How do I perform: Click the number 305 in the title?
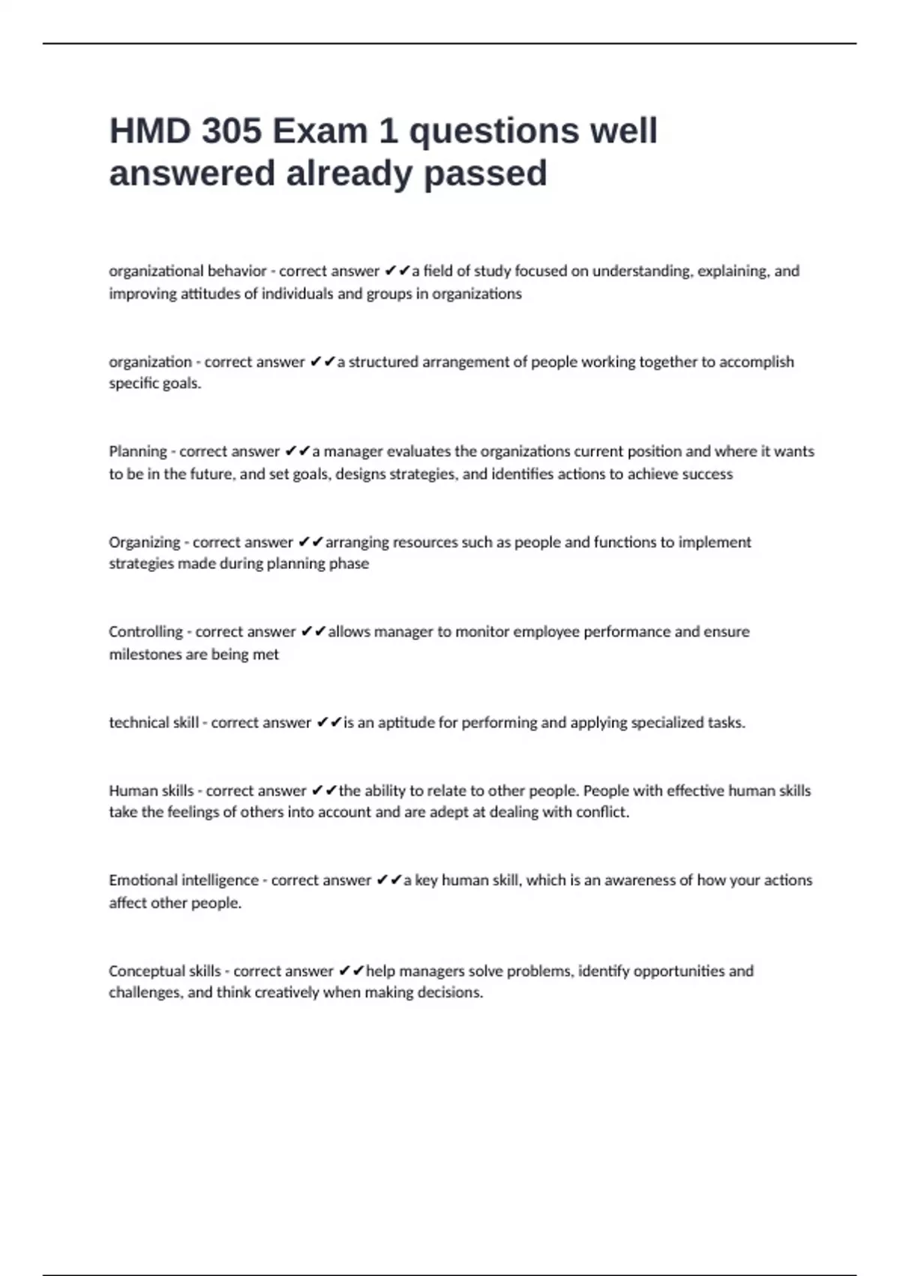231,131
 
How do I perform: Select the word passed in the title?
485,173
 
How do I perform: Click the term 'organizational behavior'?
187,271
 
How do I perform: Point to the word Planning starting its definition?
138,452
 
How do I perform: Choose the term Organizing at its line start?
144,542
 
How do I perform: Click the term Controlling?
145,632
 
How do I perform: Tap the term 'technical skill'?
154,723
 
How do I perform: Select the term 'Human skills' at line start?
151,790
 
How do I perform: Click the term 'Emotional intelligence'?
184,880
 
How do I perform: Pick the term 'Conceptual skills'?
165,971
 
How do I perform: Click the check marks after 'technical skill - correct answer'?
329,723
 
